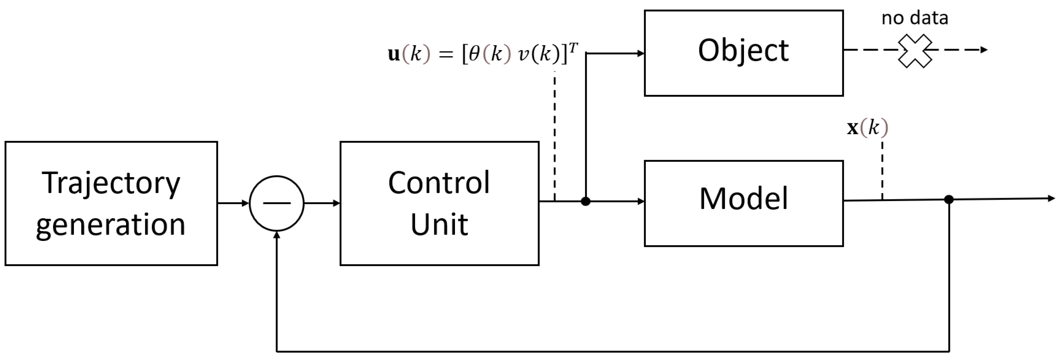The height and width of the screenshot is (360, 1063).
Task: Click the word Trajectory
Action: click(x=111, y=183)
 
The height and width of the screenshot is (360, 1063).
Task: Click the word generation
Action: click(x=111, y=225)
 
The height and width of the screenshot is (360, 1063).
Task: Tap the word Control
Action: click(x=439, y=183)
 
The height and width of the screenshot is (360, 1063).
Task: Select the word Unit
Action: click(x=439, y=225)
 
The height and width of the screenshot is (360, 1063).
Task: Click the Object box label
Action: click(x=743, y=51)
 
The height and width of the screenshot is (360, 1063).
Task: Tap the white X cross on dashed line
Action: click(x=915, y=50)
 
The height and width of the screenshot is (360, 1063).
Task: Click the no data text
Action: click(x=915, y=18)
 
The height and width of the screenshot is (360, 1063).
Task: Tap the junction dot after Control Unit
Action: click(x=586, y=201)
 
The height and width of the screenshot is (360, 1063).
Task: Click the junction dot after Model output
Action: click(x=949, y=200)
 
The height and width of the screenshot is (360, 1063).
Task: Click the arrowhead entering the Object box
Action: click(x=641, y=53)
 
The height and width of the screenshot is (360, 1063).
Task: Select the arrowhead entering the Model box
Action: click(x=641, y=201)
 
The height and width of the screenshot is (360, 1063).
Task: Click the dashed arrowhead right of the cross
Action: click(x=985, y=50)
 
